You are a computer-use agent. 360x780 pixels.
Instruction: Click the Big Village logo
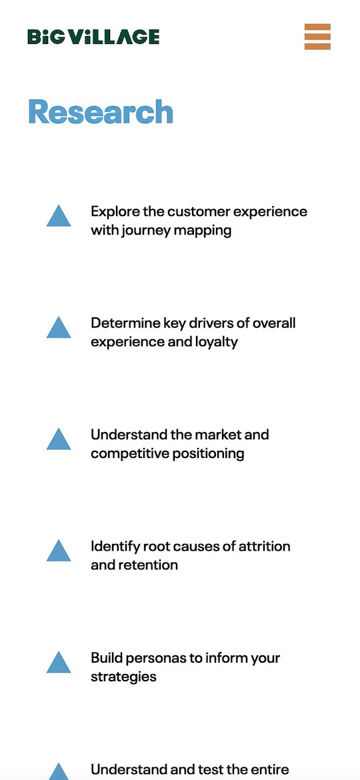93,37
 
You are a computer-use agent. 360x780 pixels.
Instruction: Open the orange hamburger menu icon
318,37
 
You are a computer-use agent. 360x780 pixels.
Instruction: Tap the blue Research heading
101,111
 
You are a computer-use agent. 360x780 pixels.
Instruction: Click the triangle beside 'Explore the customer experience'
59,216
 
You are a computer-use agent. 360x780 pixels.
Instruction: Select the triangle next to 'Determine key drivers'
59,327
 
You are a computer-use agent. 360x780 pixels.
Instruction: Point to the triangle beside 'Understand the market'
59,439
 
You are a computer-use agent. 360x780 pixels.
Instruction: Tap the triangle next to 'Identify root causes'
59,551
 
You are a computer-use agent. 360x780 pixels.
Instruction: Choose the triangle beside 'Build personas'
59,662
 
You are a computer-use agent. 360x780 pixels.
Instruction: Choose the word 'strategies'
123,677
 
